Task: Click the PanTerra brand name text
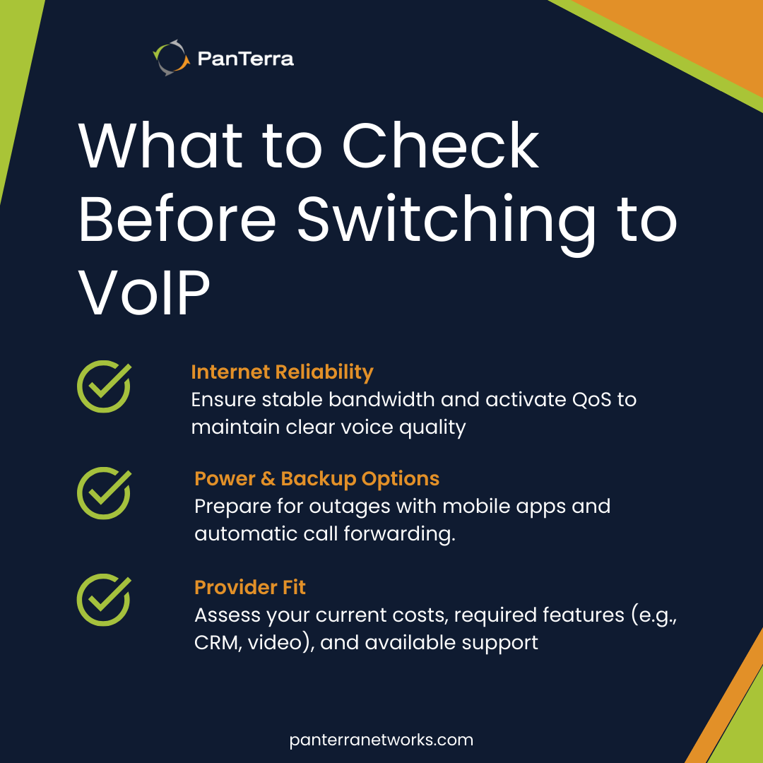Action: [246, 59]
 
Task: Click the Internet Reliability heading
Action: [282, 372]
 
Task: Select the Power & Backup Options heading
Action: [317, 478]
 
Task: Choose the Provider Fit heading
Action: [250, 587]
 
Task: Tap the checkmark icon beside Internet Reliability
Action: [103, 386]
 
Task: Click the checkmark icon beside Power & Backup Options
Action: [103, 492]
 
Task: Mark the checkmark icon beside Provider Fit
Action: [103, 601]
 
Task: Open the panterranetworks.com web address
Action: [381, 740]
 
